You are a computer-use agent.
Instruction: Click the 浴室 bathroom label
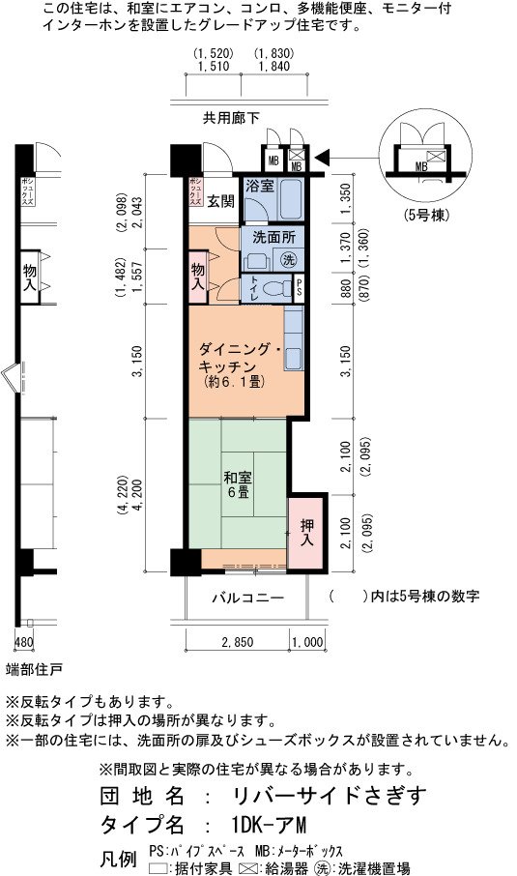point(260,186)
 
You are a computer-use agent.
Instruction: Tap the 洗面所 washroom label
point(273,238)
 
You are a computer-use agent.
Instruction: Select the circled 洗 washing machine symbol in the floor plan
point(289,259)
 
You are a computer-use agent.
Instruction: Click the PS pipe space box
point(300,289)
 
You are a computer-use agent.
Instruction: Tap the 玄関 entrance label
point(220,202)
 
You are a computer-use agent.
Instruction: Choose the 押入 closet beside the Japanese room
point(306,533)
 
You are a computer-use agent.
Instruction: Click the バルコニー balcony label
point(248,599)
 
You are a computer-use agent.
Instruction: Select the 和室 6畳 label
point(238,485)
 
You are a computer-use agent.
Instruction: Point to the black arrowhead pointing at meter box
point(323,159)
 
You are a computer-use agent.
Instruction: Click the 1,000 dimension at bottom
point(307,642)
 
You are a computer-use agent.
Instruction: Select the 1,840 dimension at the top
point(274,67)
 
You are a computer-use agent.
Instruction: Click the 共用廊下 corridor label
point(231,118)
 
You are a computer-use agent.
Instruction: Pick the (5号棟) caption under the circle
point(426,215)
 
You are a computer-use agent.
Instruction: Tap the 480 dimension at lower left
point(23,642)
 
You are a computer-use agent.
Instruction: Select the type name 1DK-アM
point(269,825)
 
